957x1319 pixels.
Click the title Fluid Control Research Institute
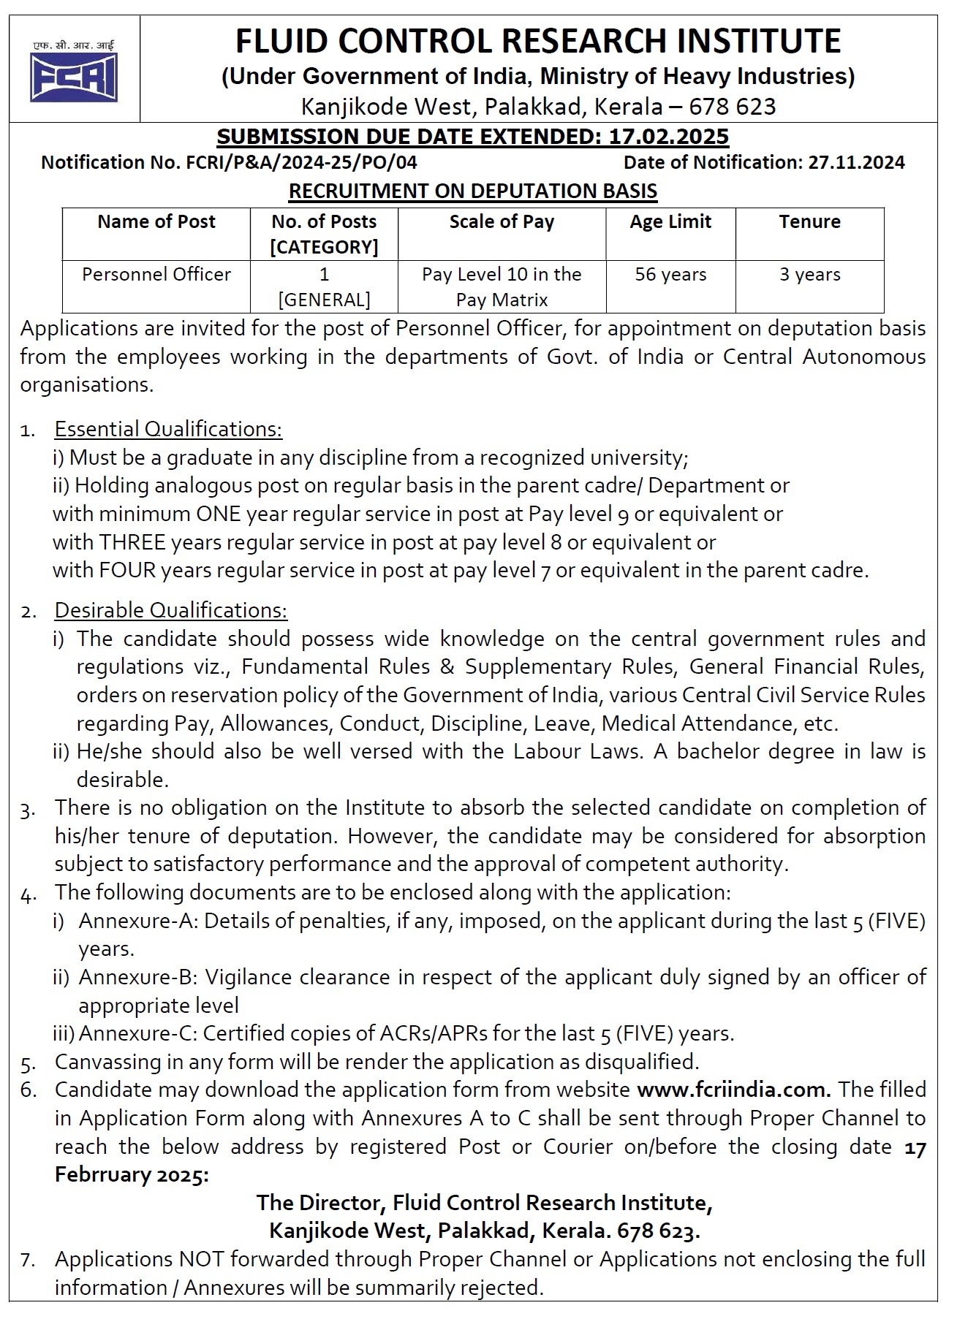pyautogui.click(x=537, y=41)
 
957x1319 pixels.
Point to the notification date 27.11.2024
pyautogui.click(x=856, y=162)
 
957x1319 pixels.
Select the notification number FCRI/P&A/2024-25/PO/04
pyautogui.click(x=298, y=162)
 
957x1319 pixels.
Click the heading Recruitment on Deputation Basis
pyautogui.click(x=473, y=191)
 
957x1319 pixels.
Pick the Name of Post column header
pyautogui.click(x=156, y=221)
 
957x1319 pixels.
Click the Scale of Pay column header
pyautogui.click(x=502, y=221)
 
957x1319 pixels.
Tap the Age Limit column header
pyautogui.click(x=670, y=221)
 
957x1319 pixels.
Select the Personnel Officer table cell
pyautogui.click(x=156, y=275)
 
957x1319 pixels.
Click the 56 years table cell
pyautogui.click(x=670, y=275)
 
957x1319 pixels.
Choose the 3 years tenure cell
pyautogui.click(x=809, y=275)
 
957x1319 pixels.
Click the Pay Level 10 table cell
pyautogui.click(x=502, y=286)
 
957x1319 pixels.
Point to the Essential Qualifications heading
pyautogui.click(x=168, y=429)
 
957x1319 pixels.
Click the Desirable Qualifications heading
pyautogui.click(x=171, y=610)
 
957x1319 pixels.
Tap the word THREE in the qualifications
pyautogui.click(x=132, y=542)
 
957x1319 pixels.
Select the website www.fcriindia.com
pyautogui.click(x=733, y=1090)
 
